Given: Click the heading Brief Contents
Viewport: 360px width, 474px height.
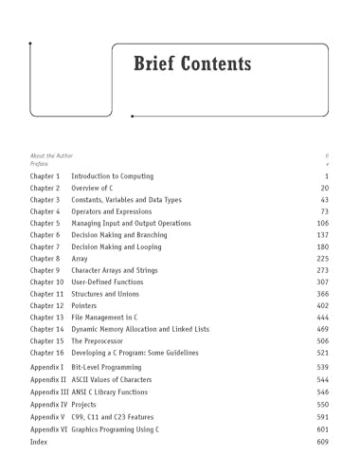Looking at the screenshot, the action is [192, 64].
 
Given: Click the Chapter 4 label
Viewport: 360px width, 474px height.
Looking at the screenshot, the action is [45, 212].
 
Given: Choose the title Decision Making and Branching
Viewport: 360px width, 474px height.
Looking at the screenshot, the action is [122, 235].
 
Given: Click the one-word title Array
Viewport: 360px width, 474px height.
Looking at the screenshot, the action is [80, 259].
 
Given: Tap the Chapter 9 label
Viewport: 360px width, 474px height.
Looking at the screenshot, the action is [45, 270].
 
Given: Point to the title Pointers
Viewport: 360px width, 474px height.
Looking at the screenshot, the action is [85, 306].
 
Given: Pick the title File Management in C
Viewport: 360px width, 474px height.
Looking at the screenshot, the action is [109, 318].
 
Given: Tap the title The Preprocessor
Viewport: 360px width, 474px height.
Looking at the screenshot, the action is [103, 341].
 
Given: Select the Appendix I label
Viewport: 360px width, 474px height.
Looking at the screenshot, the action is [47, 367].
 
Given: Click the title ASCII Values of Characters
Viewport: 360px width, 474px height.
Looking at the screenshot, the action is [118, 379].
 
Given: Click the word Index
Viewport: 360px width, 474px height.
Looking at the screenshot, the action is [39, 442].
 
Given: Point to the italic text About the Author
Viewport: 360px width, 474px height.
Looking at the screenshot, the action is [51, 155].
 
